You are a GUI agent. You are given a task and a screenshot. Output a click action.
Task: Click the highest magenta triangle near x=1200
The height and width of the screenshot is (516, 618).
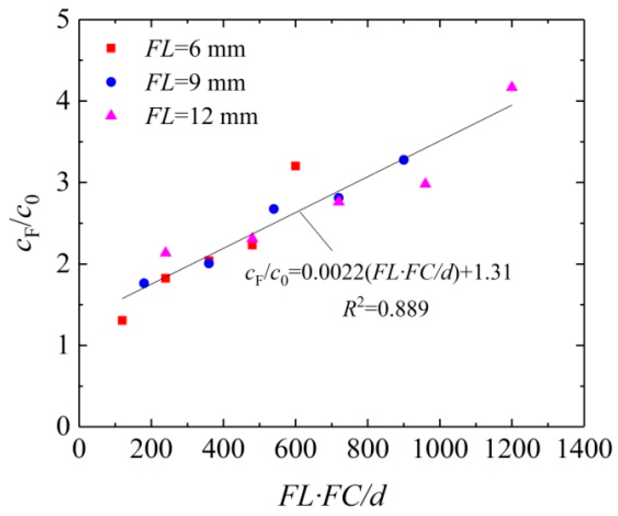(x=512, y=86)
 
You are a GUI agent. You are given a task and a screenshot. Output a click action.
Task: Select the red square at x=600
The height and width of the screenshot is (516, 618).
(x=295, y=166)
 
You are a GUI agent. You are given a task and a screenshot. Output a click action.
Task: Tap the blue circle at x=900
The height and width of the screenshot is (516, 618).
(x=403, y=160)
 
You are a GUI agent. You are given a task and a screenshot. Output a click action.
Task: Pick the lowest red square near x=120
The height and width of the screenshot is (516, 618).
(x=122, y=320)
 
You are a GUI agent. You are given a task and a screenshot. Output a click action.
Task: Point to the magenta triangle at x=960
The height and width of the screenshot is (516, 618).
(x=425, y=183)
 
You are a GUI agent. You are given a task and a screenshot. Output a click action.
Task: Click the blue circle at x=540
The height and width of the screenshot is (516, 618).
(x=274, y=209)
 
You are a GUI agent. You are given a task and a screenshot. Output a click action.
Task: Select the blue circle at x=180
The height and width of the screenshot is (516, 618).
(x=144, y=283)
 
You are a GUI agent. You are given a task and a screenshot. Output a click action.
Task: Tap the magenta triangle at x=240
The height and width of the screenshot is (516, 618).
(x=166, y=252)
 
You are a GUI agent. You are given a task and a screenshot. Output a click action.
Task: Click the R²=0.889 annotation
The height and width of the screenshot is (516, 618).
(x=385, y=309)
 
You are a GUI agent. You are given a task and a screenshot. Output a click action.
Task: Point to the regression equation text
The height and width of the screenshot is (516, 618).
(x=378, y=274)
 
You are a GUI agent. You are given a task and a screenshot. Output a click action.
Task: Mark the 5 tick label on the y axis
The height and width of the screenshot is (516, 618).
(x=63, y=20)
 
